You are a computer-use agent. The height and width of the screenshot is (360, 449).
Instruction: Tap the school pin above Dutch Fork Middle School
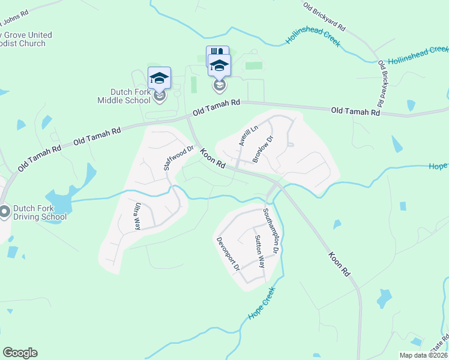coord(159,79)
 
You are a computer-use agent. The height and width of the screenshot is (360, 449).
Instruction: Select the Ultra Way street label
coord(137,217)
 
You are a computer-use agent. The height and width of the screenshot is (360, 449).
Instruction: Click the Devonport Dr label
coord(228,253)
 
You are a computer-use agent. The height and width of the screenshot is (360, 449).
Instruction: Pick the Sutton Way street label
coord(258,251)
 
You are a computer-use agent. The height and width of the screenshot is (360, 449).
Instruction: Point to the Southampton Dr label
coord(272,233)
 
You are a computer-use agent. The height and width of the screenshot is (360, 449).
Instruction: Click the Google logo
coord(20,353)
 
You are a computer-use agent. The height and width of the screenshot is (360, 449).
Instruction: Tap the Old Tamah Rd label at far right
coord(355,112)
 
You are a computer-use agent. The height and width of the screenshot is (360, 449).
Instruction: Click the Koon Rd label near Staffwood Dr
coord(213,158)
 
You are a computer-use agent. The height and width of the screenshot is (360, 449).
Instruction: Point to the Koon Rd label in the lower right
coord(339,263)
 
